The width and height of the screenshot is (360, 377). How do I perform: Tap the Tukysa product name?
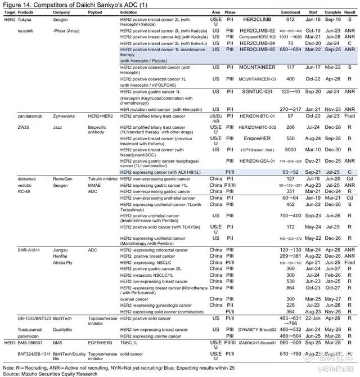[24, 19]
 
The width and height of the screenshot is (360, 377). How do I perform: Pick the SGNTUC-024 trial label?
[258, 92]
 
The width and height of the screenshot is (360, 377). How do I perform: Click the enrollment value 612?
[290, 19]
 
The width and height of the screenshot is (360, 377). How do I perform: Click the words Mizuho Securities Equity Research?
[49, 372]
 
